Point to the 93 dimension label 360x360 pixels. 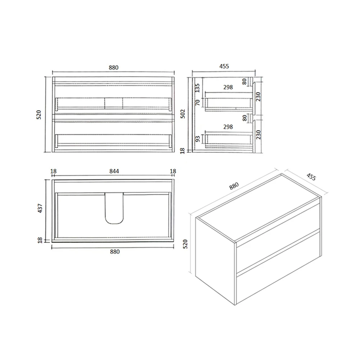pyautogui.click(x=197, y=139)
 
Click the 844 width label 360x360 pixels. pyautogui.click(x=114, y=171)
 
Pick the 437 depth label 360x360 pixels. pyautogui.click(x=40, y=209)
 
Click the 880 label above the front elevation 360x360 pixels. pyautogui.click(x=113, y=67)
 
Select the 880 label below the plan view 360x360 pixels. pyautogui.click(x=114, y=252)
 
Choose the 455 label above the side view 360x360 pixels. pyautogui.click(x=224, y=66)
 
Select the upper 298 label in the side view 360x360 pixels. pyautogui.click(x=228, y=87)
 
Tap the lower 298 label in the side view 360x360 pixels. pyautogui.click(x=228, y=127)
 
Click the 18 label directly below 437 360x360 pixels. pyautogui.click(x=40, y=239)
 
